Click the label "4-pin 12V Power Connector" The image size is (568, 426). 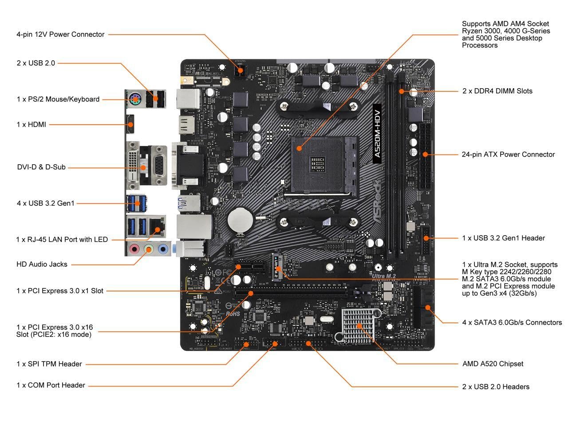coord(60,34)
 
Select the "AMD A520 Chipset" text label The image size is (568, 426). coord(493,364)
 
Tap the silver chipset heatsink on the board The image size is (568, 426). coord(358,326)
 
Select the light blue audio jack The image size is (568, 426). coord(163,249)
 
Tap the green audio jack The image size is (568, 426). coord(149,249)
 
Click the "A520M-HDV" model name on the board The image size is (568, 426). coord(377,134)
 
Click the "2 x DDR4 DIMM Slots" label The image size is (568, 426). coord(497,91)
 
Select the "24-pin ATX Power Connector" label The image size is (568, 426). coord(508,154)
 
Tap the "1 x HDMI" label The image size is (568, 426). coord(31,125)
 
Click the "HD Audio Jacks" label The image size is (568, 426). coord(42,264)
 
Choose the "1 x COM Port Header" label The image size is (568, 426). coord(51,385)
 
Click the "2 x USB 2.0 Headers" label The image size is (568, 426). coord(496,387)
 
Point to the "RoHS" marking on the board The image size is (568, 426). coord(233,313)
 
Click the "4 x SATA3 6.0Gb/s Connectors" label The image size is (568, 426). coord(512,323)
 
